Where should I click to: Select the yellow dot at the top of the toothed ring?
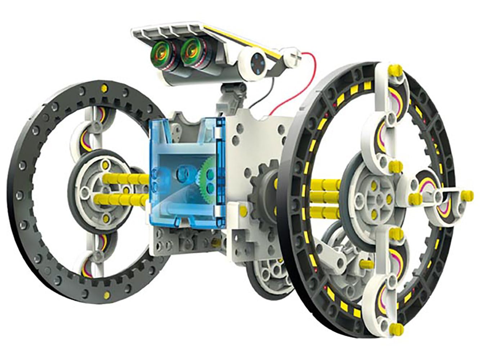[105, 87]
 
